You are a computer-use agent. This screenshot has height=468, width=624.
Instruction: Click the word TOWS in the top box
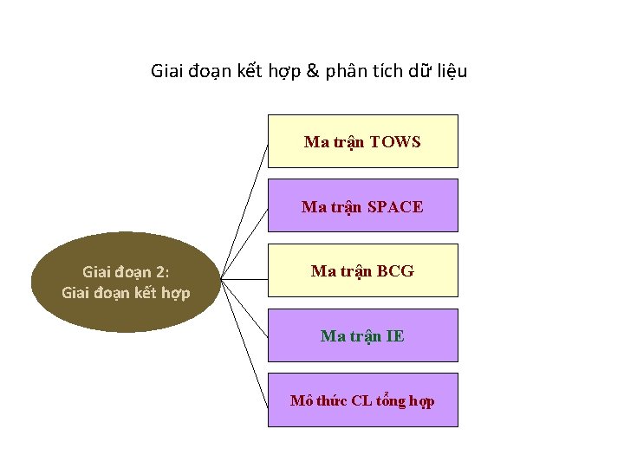[x=395, y=142]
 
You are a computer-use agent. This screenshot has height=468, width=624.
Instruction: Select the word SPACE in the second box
[x=395, y=207]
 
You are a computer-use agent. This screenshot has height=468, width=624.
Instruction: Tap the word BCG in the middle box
[x=395, y=271]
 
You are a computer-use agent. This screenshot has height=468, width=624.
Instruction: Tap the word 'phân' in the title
[x=345, y=71]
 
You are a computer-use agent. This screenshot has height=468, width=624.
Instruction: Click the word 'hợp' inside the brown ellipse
[x=175, y=293]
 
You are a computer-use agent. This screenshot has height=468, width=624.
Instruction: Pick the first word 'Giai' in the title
[x=166, y=71]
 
